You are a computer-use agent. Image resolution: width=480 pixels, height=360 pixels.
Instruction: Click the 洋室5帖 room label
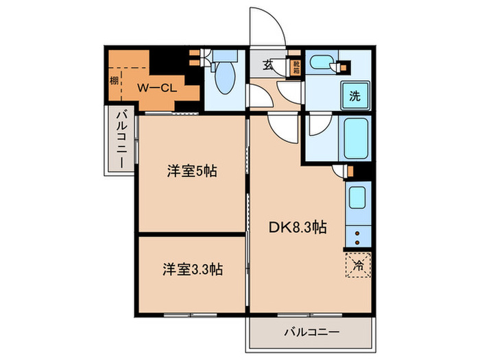point(193,171)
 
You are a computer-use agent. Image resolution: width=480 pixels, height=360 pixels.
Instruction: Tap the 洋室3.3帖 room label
point(191,269)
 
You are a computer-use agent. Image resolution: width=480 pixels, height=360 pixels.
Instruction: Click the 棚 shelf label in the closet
point(113,82)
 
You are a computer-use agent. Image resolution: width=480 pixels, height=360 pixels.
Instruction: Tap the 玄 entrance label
point(267,67)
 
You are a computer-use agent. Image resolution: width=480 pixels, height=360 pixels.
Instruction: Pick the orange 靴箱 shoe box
point(296,67)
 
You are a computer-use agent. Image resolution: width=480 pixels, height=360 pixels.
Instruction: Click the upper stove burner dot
point(358,232)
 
